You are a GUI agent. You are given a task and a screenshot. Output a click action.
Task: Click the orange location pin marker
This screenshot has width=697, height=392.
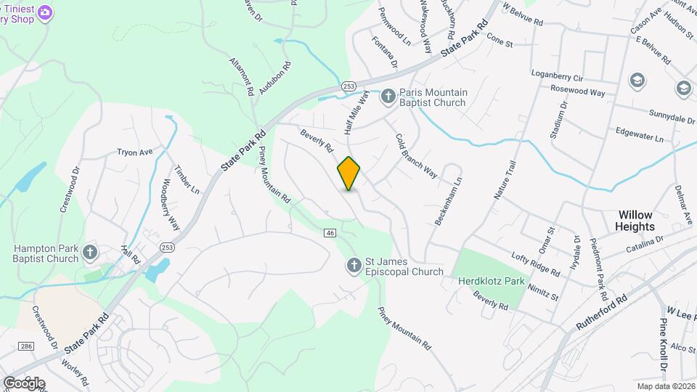[x=348, y=173]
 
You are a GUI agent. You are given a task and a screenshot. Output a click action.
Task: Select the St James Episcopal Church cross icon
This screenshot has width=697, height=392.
[x=353, y=266]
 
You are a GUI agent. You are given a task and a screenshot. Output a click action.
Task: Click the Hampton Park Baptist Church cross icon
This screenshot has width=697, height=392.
[x=89, y=253]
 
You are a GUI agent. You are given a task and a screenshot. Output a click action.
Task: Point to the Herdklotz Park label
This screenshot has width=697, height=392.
[x=491, y=280]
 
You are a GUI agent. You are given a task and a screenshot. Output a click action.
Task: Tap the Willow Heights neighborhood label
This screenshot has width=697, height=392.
[x=635, y=221]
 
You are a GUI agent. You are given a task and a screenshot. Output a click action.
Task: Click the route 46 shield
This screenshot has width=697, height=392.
[x=330, y=232]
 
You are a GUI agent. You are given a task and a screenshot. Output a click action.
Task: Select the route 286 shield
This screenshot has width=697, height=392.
[x=27, y=346]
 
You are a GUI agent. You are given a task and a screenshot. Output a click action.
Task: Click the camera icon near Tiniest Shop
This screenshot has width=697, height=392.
[x=45, y=12]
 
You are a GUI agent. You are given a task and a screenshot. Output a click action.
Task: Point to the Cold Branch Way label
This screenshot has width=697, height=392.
[x=416, y=156]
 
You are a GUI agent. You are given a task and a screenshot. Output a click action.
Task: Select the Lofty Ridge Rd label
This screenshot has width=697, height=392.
[x=535, y=264]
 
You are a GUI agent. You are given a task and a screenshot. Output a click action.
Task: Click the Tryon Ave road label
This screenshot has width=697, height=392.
[x=135, y=152]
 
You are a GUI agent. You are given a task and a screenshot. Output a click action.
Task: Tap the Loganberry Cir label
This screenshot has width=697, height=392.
[x=558, y=77]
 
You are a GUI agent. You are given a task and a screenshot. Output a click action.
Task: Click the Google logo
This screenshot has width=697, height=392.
[x=24, y=383]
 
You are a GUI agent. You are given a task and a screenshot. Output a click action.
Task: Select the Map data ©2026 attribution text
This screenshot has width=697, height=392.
[x=664, y=385]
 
